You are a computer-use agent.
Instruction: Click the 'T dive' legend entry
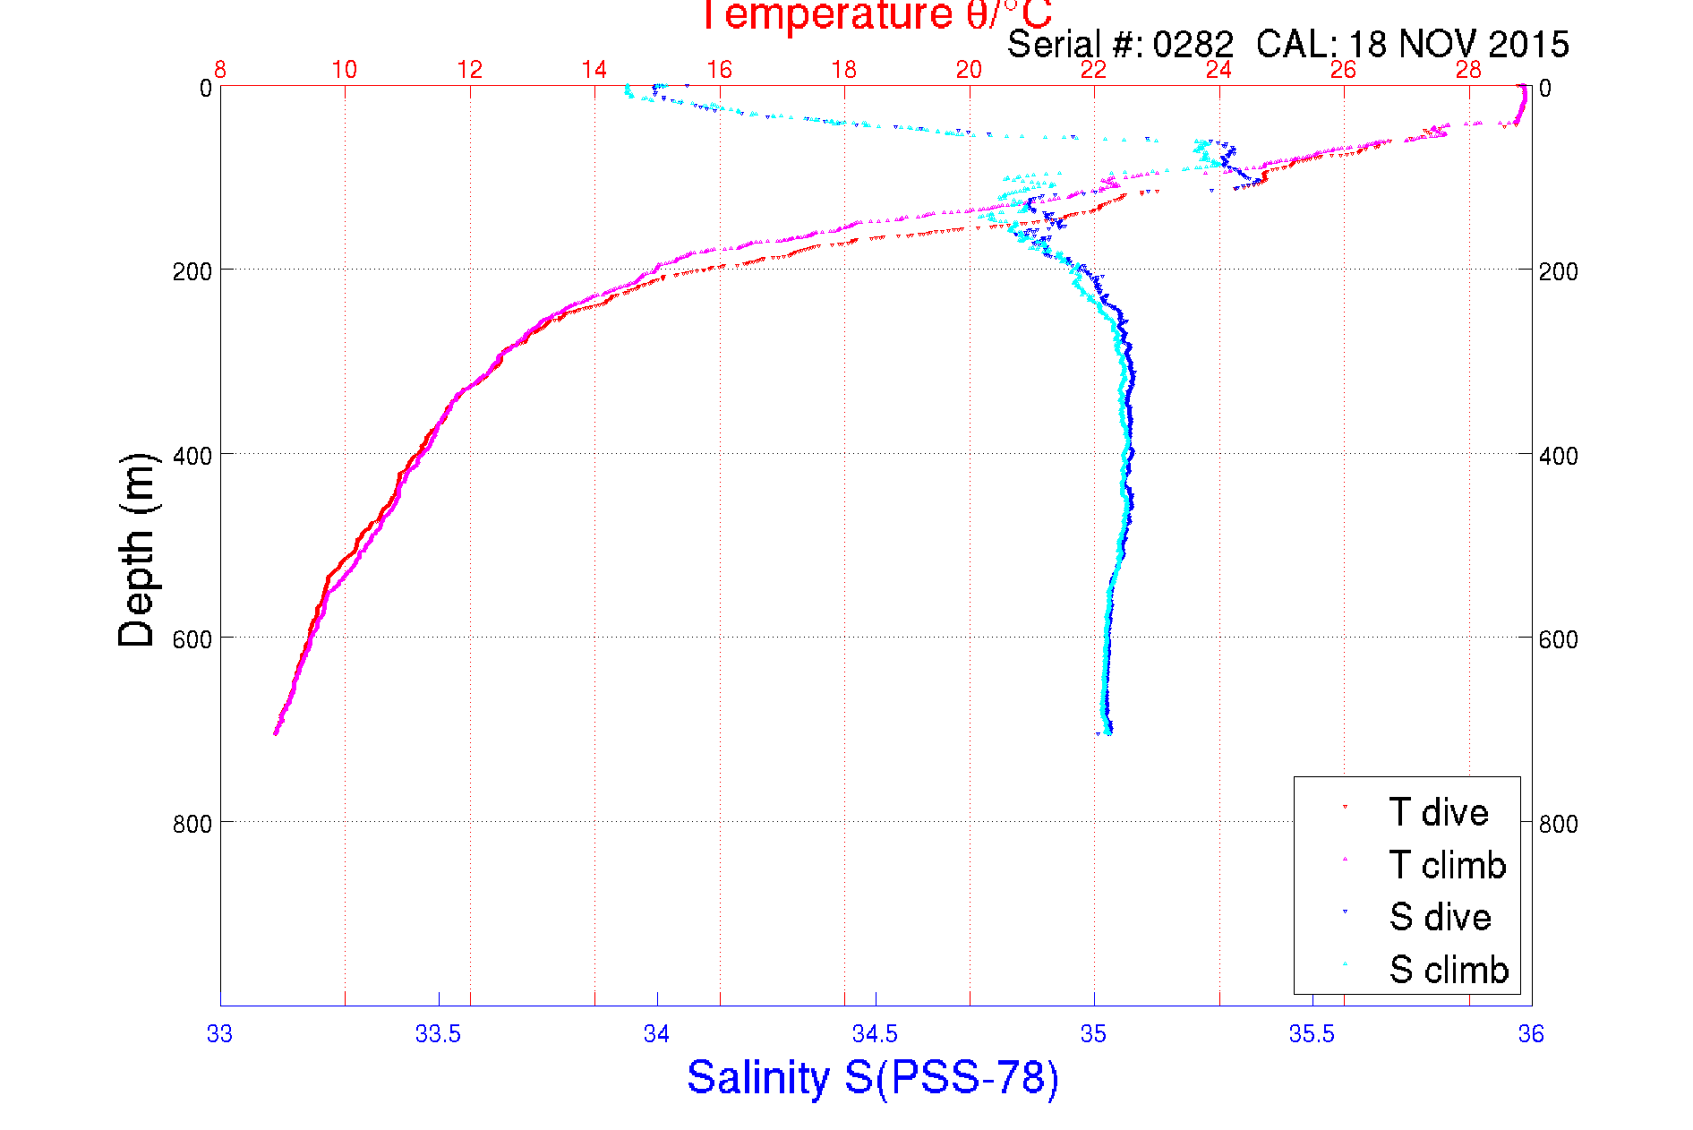click(1438, 812)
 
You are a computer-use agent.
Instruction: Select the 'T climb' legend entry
click(1447, 865)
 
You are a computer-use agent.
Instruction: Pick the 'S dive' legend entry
click(1440, 917)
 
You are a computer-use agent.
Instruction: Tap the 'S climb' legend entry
click(1449, 970)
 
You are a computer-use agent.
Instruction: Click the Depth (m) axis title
click(137, 550)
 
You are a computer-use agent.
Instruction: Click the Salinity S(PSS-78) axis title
click(873, 1077)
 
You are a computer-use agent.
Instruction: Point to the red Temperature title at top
click(876, 15)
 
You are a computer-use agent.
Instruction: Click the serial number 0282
click(1193, 44)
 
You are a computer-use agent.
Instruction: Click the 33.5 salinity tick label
click(438, 1034)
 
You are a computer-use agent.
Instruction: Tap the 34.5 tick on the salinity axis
click(875, 1034)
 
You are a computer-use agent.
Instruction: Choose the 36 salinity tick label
click(1530, 1034)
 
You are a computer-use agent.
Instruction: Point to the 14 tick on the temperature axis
click(594, 70)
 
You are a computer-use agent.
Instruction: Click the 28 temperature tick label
click(1468, 70)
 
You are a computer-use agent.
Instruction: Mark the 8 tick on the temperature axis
click(220, 70)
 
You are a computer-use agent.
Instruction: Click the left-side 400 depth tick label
click(192, 456)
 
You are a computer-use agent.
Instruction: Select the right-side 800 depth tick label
click(1558, 824)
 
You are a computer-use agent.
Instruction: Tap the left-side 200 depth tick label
click(192, 271)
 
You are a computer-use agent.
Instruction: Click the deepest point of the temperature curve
click(275, 733)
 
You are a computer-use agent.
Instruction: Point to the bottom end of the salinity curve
click(1107, 732)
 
